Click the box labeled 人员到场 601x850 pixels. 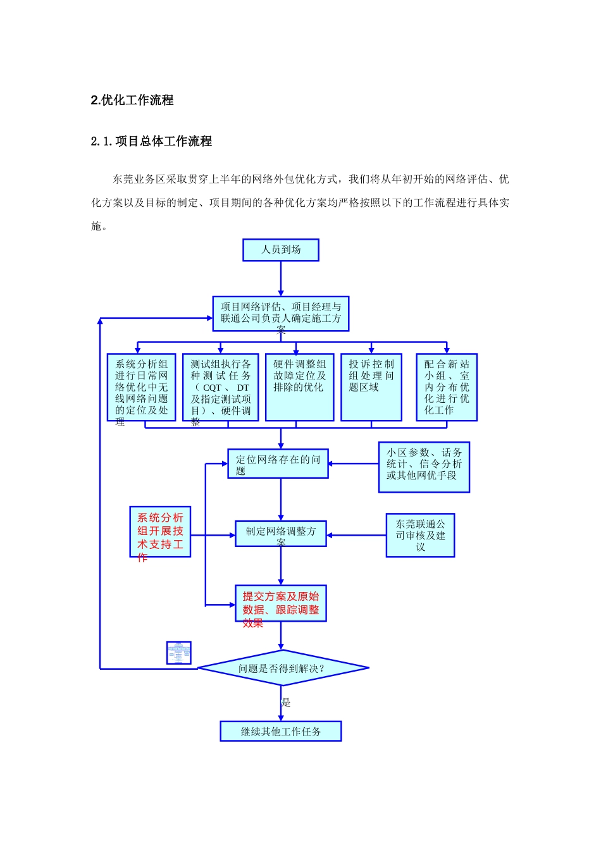coord(281,250)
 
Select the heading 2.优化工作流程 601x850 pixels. coord(132,100)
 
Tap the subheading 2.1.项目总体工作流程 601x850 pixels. coord(151,142)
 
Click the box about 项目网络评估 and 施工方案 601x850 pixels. coord(281,314)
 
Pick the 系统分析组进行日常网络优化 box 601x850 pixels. coord(141,387)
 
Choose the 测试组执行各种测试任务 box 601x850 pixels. coord(220,387)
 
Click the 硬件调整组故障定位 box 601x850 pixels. coord(299,387)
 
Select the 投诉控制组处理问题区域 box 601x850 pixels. coord(371,387)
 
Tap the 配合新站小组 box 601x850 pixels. coord(447,387)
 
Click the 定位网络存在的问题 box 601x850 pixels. coord(278,464)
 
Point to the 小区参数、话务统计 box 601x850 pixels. coord(424,467)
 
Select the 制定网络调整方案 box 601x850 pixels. coord(281,533)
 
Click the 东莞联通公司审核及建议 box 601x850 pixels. coord(420,535)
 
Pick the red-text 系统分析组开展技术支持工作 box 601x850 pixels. coord(160,532)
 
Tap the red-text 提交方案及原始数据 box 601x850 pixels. coord(281,603)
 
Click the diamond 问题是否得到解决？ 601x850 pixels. coord(283,668)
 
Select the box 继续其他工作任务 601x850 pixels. coord(281,731)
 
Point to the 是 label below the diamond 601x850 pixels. coord(286,702)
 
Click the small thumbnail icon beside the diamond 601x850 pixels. coord(178,653)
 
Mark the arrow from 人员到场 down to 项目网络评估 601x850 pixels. coord(281,278)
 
